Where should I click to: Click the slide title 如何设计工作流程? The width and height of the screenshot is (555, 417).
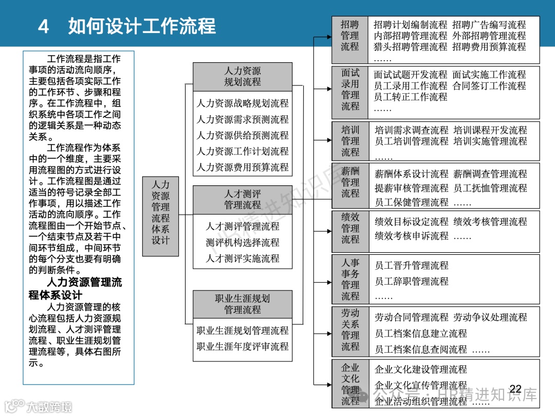click(142, 26)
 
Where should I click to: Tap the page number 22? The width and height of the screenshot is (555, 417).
click(515, 389)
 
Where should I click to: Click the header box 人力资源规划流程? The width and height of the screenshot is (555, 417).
click(243, 76)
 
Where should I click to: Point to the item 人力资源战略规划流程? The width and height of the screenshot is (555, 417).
click(243, 103)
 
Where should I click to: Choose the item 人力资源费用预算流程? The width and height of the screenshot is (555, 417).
click(243, 167)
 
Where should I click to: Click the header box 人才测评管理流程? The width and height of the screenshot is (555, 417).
click(243, 199)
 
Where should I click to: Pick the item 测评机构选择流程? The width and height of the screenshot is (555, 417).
click(243, 242)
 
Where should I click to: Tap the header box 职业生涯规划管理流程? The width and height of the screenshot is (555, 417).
click(243, 304)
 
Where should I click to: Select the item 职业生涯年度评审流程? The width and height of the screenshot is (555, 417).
click(243, 346)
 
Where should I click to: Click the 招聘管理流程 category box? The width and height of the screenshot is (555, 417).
click(350, 36)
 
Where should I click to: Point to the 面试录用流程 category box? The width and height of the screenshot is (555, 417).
click(350, 90)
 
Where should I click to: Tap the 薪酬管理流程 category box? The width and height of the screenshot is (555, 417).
click(350, 182)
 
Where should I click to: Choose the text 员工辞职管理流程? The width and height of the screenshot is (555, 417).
click(412, 281)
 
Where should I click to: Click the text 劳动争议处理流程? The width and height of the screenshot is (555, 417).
click(490, 317)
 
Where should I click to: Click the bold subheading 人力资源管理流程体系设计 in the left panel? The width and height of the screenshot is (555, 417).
click(76, 288)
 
